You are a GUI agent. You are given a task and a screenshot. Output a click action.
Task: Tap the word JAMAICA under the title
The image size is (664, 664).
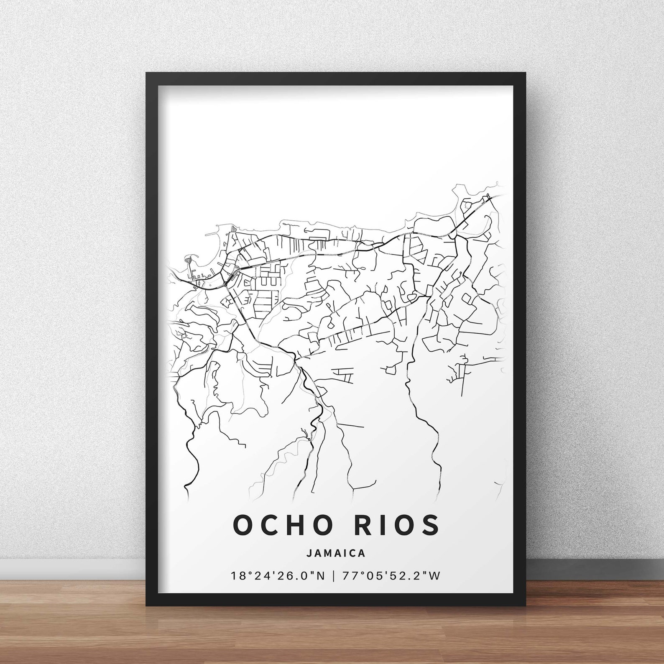336,553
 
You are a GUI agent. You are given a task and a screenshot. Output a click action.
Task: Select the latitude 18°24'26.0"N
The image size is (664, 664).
278,576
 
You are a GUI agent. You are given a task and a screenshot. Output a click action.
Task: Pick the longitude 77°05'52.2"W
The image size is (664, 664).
391,576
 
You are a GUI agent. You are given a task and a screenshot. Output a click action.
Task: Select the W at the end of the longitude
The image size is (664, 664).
434,576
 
